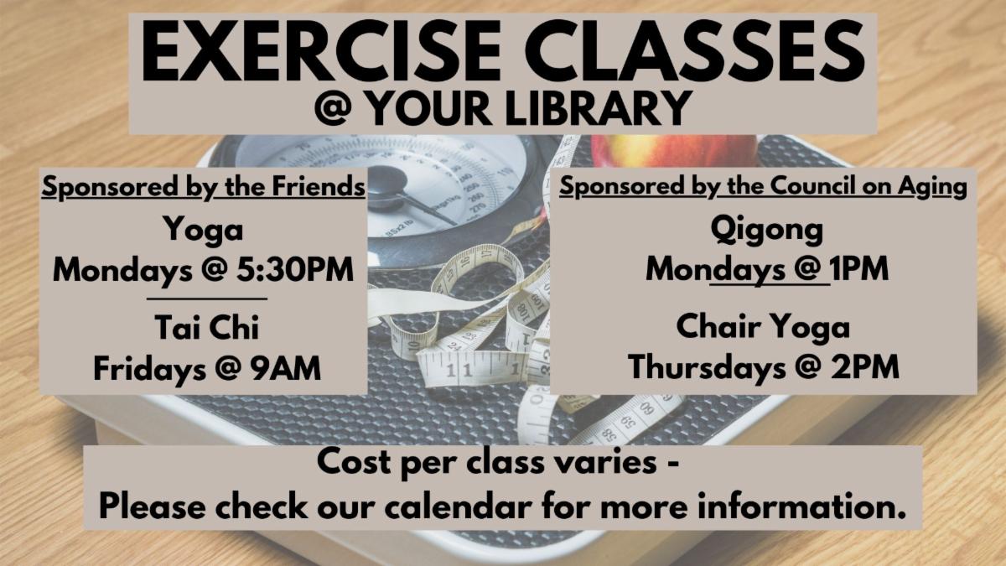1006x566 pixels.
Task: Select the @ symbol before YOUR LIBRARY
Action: [333, 108]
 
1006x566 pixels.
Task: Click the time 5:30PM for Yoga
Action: [295, 270]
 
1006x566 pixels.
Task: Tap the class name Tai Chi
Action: [207, 327]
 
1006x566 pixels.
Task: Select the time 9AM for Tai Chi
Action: [286, 368]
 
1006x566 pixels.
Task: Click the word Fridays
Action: [149, 369]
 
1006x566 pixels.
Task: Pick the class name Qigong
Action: [766, 230]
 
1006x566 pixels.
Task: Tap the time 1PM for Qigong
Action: [859, 269]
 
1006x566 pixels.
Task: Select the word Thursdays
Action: [707, 367]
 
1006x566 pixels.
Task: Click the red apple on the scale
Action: [674, 150]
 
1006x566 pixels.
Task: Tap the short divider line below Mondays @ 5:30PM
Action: [206, 299]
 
